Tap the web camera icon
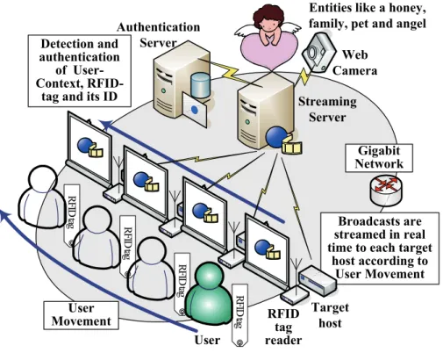[x=318, y=52]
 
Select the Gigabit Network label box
[x=379, y=157]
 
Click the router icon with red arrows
[x=386, y=191]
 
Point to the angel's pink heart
[x=269, y=51]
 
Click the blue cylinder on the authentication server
[x=200, y=85]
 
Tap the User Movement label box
[x=82, y=315]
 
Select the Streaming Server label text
[x=327, y=109]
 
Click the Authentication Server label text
[x=158, y=35]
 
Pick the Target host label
[x=330, y=315]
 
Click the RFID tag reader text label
[x=283, y=327]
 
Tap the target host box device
[x=318, y=279]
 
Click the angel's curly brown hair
[x=268, y=15]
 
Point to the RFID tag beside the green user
[x=239, y=315]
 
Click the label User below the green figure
[x=207, y=340]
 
